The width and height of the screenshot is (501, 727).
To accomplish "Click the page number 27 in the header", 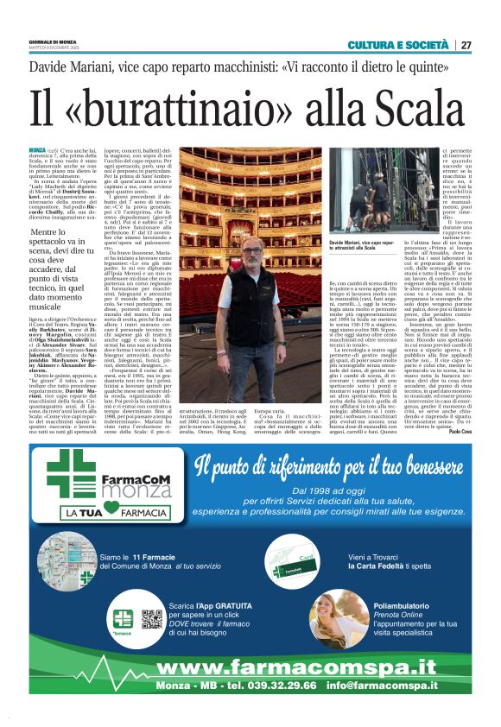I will (466, 45).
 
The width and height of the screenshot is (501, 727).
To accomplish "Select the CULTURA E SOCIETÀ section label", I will (398, 45).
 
